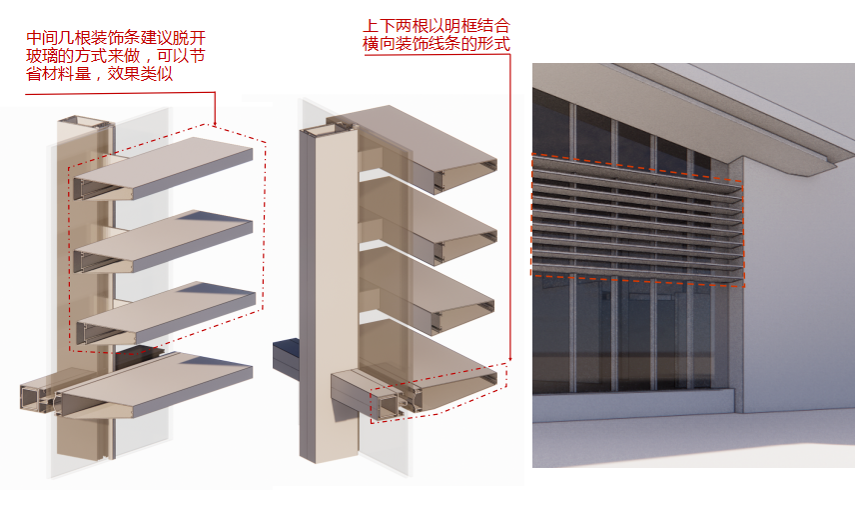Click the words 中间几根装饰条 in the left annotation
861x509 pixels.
click(86, 39)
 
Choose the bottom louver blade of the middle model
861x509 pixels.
click(430, 375)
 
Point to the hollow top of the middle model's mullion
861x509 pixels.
click(328, 130)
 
